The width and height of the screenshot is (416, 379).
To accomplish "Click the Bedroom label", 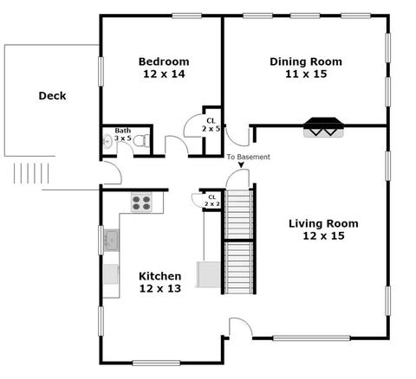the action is (164, 61).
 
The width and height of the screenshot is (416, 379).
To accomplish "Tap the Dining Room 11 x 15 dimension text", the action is (306, 74).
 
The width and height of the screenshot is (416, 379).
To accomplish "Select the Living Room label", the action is (323, 223).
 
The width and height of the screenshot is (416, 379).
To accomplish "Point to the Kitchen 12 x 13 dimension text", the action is (160, 288).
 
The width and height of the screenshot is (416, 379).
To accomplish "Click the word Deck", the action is (52, 96).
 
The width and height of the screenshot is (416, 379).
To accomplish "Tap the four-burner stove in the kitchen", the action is (141, 202).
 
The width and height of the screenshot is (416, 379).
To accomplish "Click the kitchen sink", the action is (111, 240).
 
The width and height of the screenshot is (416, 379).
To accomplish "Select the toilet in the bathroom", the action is (142, 140).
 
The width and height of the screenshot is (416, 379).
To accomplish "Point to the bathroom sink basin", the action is (107, 141).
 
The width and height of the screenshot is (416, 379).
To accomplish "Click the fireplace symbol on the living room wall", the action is (323, 127).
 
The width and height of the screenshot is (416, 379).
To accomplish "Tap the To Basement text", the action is (248, 157).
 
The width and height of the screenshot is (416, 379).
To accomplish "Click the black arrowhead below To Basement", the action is (241, 164).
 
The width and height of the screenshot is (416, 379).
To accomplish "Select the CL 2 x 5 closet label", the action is (211, 125).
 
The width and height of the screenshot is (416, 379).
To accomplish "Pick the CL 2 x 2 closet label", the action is (212, 201).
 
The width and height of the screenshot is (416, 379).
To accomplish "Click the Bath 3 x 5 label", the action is (123, 134).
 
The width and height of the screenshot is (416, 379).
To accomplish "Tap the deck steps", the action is (31, 173).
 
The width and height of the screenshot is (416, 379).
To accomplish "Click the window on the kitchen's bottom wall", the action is (156, 363).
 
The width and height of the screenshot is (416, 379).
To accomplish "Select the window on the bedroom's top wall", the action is (186, 16).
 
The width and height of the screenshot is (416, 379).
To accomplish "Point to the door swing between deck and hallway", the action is (113, 173).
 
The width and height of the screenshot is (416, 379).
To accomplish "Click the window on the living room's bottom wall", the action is (311, 338).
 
